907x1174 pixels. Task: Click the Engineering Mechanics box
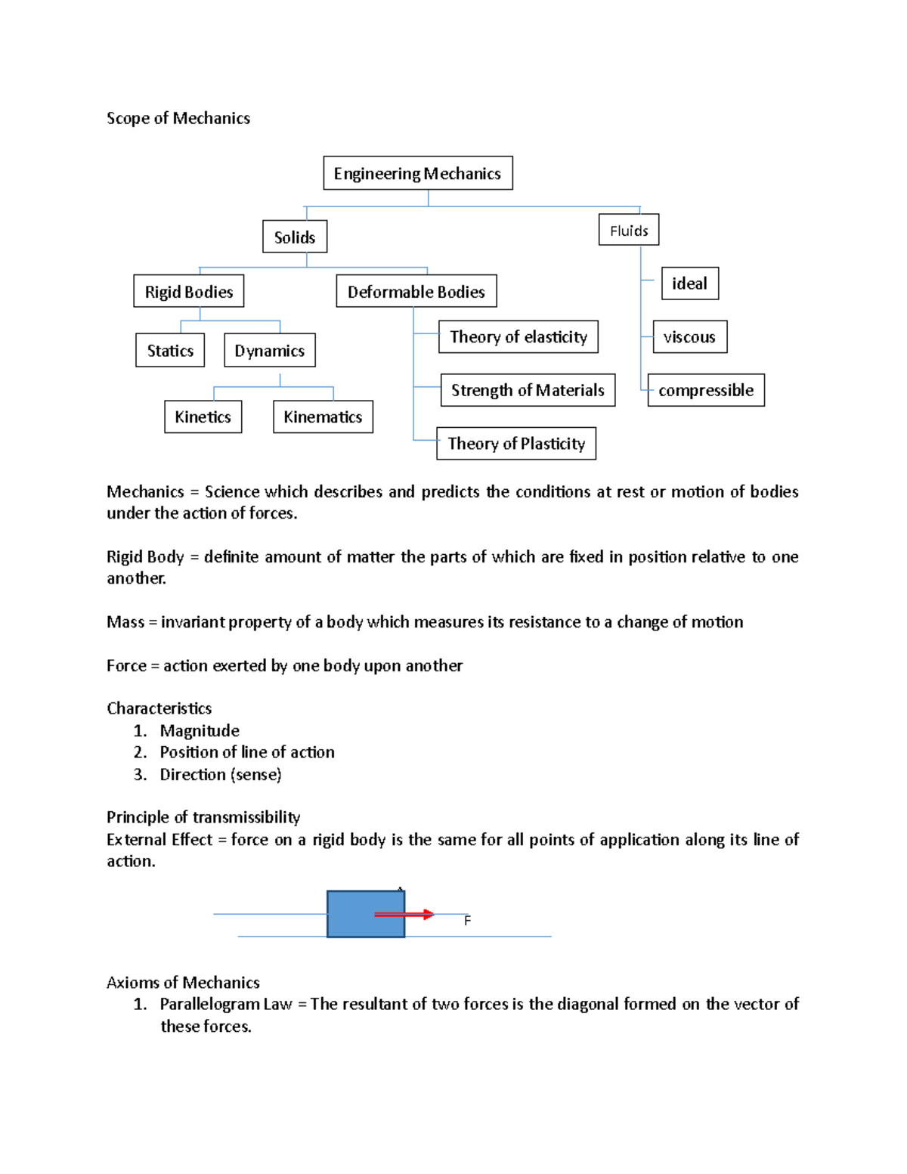(417, 173)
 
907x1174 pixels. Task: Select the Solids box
(295, 237)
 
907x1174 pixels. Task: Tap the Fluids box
(629, 230)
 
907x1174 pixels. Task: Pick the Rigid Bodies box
(189, 291)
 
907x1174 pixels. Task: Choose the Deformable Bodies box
(416, 291)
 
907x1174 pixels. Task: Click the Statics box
(170, 350)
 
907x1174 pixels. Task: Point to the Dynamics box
(270, 350)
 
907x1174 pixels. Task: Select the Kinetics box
(203, 417)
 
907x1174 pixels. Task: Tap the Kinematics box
(323, 417)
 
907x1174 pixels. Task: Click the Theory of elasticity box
(519, 336)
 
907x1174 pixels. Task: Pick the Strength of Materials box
(528, 390)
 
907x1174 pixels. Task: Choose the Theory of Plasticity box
(516, 443)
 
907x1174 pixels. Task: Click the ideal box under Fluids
(689, 283)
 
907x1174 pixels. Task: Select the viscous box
(689, 336)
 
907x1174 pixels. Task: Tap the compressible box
(706, 390)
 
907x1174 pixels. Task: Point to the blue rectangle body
(351, 914)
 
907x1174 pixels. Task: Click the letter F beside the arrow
(467, 921)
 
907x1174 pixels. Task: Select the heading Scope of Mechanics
(178, 118)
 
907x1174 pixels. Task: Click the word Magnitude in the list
(200, 730)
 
